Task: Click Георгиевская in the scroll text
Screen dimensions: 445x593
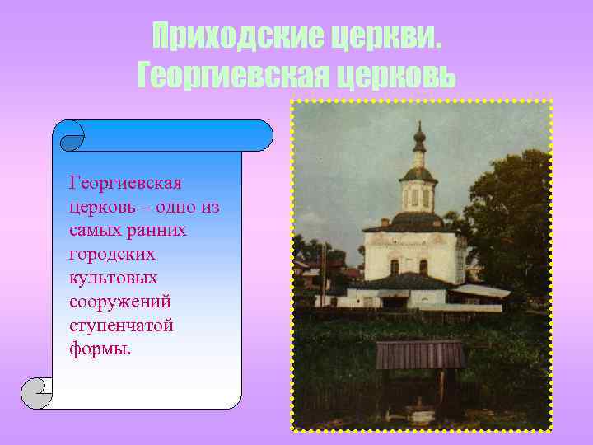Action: (x=126, y=181)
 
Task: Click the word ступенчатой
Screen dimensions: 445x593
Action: (x=122, y=326)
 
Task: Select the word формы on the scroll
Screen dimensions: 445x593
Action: (x=100, y=349)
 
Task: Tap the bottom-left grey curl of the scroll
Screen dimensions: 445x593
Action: (x=37, y=393)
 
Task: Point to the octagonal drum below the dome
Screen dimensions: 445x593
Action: (x=418, y=196)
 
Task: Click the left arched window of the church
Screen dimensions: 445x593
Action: (x=395, y=266)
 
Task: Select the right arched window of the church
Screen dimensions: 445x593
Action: (x=423, y=266)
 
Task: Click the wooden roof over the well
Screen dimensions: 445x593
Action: (x=420, y=355)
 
